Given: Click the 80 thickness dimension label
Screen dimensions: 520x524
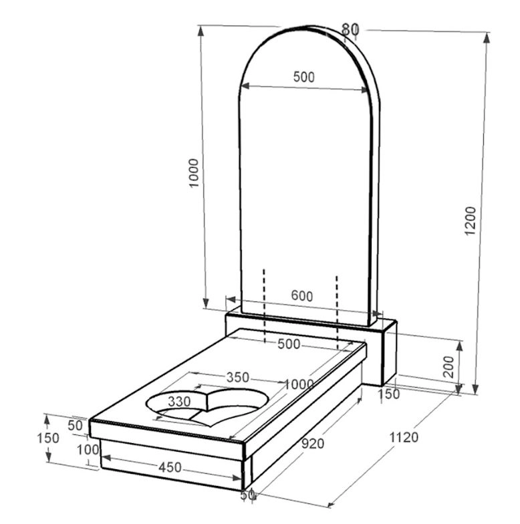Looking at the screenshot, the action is tap(350, 29).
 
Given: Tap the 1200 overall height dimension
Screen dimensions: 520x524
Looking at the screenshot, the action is tap(471, 221).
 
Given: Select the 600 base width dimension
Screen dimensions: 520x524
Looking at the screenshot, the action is tap(302, 295).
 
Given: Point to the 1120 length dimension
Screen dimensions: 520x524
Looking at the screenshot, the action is tap(404, 437).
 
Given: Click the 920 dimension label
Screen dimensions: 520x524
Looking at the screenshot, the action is tap(313, 444).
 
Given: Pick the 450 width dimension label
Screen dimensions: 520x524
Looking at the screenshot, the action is tap(170, 467).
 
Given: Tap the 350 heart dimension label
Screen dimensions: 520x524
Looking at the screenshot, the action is tap(238, 377).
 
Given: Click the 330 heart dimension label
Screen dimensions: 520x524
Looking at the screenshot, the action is tap(179, 401).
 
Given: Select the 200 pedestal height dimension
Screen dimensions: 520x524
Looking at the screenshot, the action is tap(448, 367).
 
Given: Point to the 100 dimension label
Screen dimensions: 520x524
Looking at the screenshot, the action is tap(88, 450).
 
